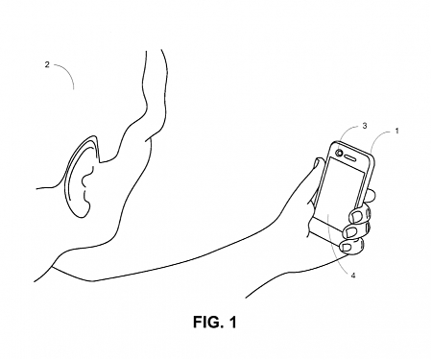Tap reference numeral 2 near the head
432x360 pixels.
46,65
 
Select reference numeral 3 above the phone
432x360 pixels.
365,126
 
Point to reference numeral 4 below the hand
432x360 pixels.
354,278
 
